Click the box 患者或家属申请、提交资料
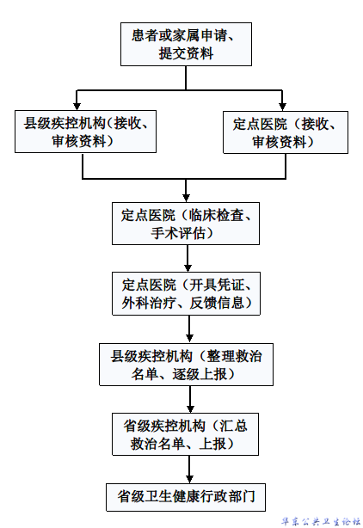186,44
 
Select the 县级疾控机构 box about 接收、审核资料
85,132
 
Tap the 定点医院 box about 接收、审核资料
286,132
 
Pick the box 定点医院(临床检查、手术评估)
186,224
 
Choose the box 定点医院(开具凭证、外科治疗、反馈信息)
186,293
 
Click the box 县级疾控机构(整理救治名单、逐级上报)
186,365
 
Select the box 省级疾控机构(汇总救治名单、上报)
185,434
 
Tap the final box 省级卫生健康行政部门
186,497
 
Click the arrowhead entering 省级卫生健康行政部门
189,479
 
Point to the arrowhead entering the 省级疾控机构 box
190,408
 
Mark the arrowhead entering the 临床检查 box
186,198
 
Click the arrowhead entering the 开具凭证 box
188,267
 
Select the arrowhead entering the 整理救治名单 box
189,339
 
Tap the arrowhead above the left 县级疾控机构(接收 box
77,106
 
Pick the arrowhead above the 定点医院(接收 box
282,107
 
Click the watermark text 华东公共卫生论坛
321,522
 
